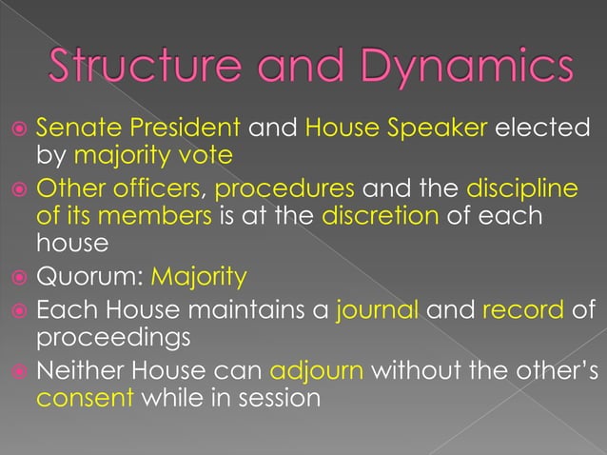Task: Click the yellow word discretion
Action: click(380, 216)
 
